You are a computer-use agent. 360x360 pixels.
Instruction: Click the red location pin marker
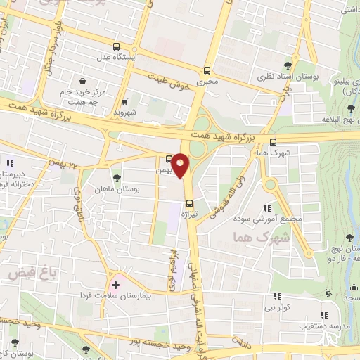click(181, 165)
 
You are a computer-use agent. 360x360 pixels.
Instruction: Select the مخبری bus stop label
click(207, 82)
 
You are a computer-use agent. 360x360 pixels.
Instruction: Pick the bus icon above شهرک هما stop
click(273, 142)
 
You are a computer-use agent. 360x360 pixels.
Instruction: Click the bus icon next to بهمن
click(169, 158)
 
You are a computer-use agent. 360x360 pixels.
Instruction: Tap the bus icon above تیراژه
click(188, 204)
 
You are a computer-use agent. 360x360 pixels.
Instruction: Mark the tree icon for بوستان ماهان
click(117, 178)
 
